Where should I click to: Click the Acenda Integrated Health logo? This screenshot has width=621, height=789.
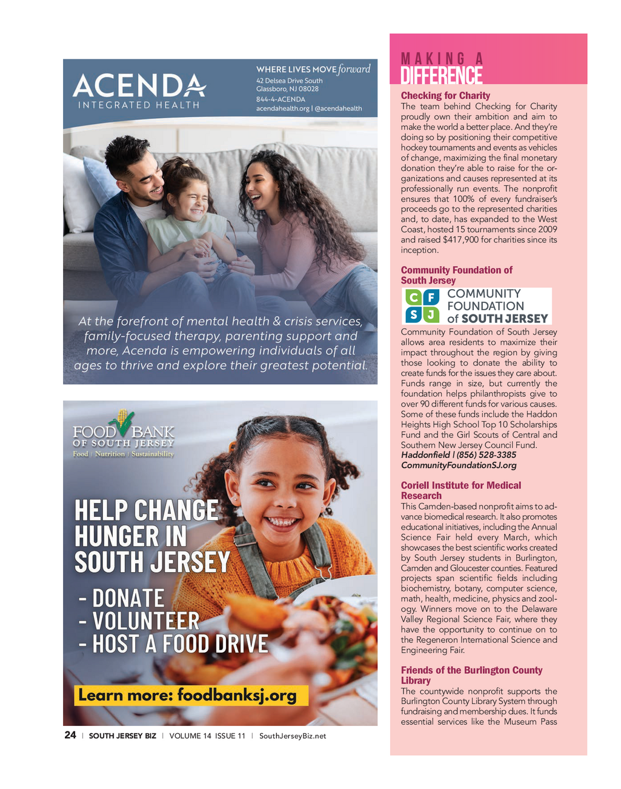[x=139, y=91]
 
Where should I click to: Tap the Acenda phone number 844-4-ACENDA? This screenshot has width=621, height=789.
[x=281, y=99]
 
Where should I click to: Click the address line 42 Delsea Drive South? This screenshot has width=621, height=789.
[x=290, y=81]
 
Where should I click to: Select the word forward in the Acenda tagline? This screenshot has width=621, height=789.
[x=354, y=69]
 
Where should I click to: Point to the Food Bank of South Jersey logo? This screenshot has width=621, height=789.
[x=123, y=435]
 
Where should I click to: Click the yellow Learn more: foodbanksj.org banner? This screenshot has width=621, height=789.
[x=191, y=695]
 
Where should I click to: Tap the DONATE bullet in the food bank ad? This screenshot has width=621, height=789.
[x=122, y=598]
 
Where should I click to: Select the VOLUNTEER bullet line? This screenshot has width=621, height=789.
[x=139, y=621]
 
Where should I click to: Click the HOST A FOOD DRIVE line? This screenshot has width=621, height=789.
[x=174, y=644]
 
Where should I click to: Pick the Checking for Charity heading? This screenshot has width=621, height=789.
[x=445, y=96]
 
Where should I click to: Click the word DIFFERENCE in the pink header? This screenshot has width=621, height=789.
[x=442, y=76]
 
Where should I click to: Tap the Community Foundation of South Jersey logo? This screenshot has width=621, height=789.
[x=477, y=306]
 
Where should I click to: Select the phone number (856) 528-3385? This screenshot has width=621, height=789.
[x=487, y=455]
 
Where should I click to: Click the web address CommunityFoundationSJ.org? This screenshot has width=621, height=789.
[x=459, y=465]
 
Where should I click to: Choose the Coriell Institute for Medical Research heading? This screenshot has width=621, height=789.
[x=460, y=490]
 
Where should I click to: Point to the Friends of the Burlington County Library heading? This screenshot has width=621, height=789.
[x=471, y=675]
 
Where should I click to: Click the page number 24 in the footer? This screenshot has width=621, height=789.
[x=70, y=735]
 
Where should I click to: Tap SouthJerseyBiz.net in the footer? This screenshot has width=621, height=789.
[x=293, y=736]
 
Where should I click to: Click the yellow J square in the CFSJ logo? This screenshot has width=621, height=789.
[x=431, y=315]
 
